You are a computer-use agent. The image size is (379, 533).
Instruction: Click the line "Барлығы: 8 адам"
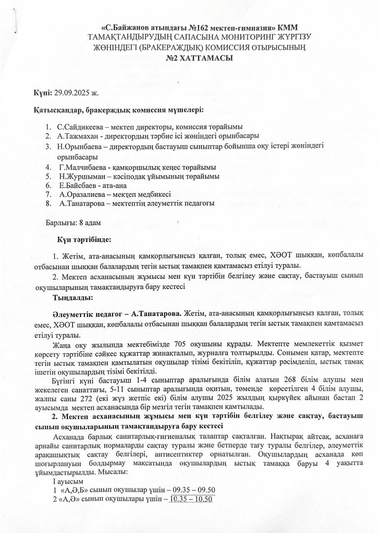click(x=73, y=223)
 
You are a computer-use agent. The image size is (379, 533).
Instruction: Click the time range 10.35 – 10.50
click(x=191, y=499)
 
